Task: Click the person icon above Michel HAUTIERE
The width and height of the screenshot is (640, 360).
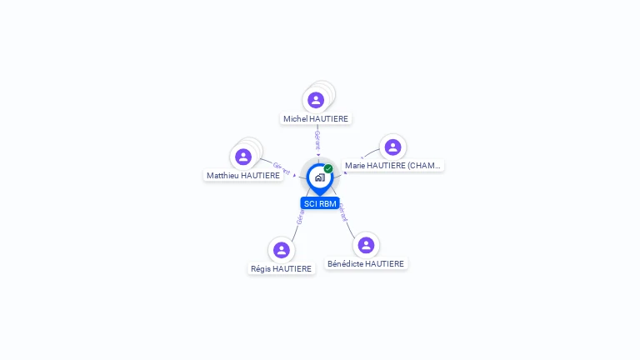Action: click(x=316, y=100)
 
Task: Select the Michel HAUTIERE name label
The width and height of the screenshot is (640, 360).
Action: click(x=316, y=119)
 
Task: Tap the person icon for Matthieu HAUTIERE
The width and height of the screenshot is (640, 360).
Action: click(x=243, y=157)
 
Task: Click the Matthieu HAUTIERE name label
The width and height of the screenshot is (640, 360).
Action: click(x=243, y=176)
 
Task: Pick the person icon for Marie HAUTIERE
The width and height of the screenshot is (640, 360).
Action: click(x=393, y=147)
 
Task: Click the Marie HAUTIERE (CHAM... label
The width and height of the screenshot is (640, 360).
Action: click(x=392, y=166)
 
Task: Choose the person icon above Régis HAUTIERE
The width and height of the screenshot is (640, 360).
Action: click(x=282, y=250)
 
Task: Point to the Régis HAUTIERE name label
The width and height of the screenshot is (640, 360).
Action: click(x=282, y=269)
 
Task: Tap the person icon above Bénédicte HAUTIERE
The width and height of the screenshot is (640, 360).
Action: click(x=366, y=245)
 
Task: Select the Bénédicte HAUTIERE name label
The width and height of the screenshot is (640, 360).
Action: click(x=366, y=264)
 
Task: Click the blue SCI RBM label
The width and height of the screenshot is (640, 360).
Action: click(x=320, y=203)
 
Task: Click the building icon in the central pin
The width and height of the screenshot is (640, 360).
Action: click(x=319, y=177)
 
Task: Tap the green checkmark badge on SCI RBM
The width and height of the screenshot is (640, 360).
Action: click(x=328, y=168)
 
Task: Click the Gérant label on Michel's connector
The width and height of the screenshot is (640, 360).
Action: click(x=317, y=140)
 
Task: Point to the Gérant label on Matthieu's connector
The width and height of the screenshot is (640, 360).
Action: click(x=282, y=168)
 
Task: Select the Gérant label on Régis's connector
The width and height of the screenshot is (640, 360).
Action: click(x=300, y=216)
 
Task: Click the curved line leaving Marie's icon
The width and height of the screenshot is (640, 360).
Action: click(x=369, y=153)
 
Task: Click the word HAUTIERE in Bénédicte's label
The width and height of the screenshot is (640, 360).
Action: click(x=385, y=264)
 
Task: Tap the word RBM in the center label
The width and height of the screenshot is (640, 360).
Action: click(x=327, y=203)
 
